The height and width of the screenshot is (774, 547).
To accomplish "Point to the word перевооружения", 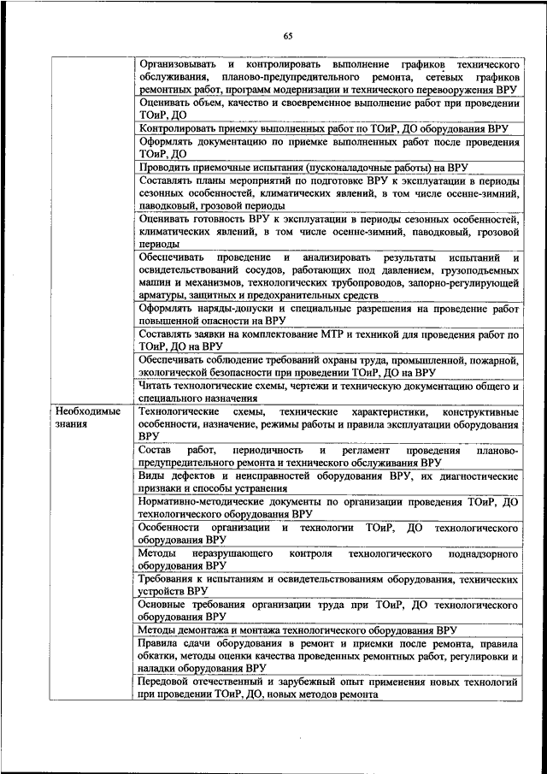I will coord(455,89).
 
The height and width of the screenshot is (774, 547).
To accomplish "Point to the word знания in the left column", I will coord(73,424).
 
